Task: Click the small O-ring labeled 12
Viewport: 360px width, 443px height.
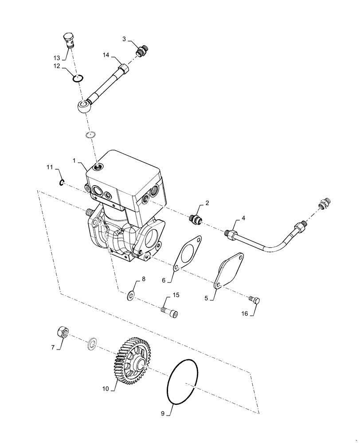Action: coord(78,78)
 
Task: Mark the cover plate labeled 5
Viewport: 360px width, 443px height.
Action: coord(230,271)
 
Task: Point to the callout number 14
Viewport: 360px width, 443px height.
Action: coord(106,55)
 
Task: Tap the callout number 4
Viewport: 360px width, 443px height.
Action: coord(243,219)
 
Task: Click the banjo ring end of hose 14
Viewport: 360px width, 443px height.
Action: coord(83,106)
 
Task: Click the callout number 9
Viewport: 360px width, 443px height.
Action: coord(162,414)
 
